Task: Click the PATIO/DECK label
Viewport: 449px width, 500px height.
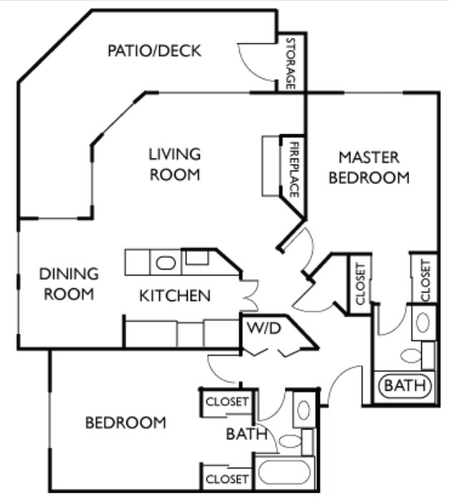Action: tap(154, 51)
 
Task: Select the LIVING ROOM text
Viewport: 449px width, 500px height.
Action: tap(175, 163)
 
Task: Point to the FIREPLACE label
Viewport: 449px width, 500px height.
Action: tap(293, 170)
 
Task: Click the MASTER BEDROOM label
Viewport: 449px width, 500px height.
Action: tap(368, 167)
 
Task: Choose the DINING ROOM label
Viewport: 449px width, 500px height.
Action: tap(69, 283)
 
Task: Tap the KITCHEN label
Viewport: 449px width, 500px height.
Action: tap(174, 295)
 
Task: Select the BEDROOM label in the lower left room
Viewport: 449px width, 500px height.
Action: tap(126, 422)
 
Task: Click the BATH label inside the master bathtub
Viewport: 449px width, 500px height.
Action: tap(405, 386)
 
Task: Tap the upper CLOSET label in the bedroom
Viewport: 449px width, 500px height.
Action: tap(226, 402)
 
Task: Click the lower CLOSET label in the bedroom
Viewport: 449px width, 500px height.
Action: tap(226, 479)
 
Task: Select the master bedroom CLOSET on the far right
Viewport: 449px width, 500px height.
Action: tap(425, 279)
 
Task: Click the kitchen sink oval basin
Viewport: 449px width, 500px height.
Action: tap(166, 262)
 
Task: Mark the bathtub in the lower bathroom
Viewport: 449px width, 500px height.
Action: tap(284, 473)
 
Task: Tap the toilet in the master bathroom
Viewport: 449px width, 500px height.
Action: tap(411, 354)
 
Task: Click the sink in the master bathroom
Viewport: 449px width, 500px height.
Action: tap(423, 322)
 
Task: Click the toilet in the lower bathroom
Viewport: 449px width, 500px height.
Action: tap(290, 441)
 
